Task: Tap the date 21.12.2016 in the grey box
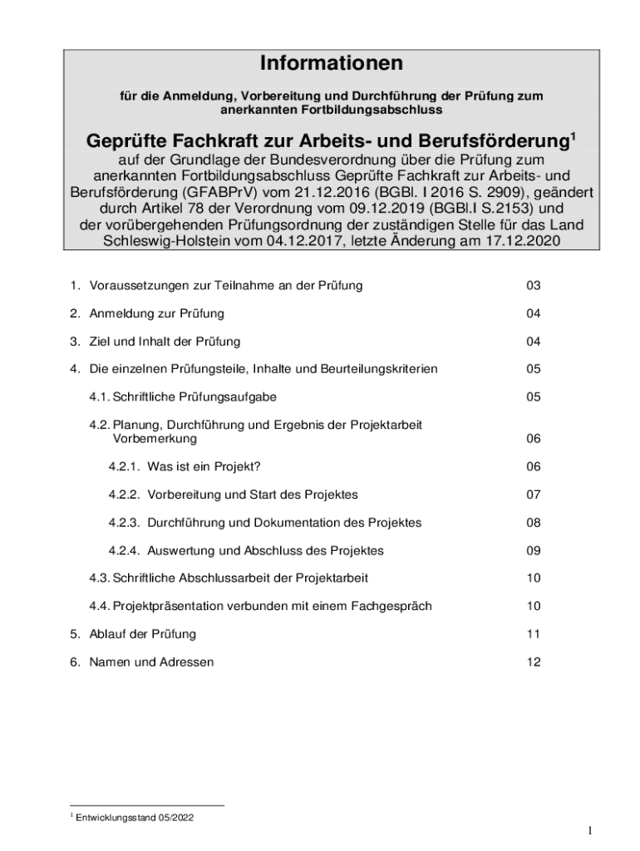tap(304, 192)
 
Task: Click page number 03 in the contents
tap(533, 286)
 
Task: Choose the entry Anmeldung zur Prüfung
tap(157, 313)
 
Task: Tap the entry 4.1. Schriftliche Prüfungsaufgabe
tap(183, 397)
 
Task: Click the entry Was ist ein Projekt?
tap(209, 467)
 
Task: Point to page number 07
tap(533, 494)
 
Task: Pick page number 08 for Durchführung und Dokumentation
tap(533, 523)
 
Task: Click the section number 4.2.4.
tap(124, 550)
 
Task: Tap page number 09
tap(533, 550)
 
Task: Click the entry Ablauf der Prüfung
tap(143, 634)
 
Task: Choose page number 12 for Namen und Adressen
tap(533, 662)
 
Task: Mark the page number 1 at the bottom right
tap(588, 831)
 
